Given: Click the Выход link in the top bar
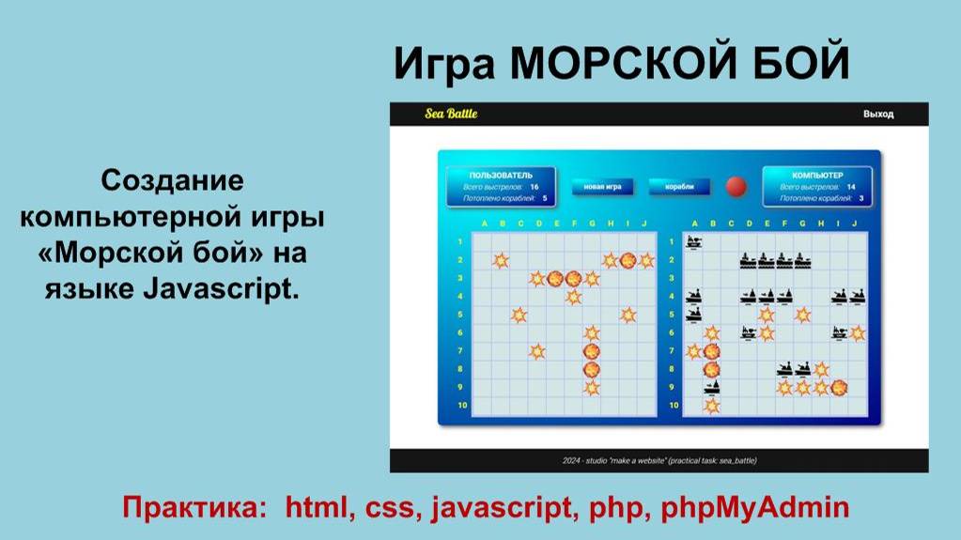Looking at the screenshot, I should coord(878,115).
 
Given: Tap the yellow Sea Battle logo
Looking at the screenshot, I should coord(451,114).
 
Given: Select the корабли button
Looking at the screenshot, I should coord(679,187).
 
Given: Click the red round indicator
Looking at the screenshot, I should coord(736,186).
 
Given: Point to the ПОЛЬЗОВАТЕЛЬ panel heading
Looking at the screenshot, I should coord(501,176).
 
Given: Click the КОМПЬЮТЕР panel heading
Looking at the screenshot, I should coord(817,176).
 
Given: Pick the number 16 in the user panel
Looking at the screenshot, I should coord(535,187).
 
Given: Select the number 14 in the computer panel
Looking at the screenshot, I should coord(851,187).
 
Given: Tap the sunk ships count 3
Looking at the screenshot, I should coord(860,198).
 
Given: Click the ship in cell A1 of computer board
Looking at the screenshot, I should coord(694,242).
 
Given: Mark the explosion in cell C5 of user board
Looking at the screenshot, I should coord(519,315).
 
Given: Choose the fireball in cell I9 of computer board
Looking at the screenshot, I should coord(839,387).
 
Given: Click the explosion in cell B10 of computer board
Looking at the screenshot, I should coord(712,406).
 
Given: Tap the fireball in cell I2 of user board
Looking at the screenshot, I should coord(628,260).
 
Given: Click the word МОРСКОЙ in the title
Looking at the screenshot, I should coord(618,64).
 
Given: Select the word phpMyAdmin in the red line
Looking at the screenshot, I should coord(755,509).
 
